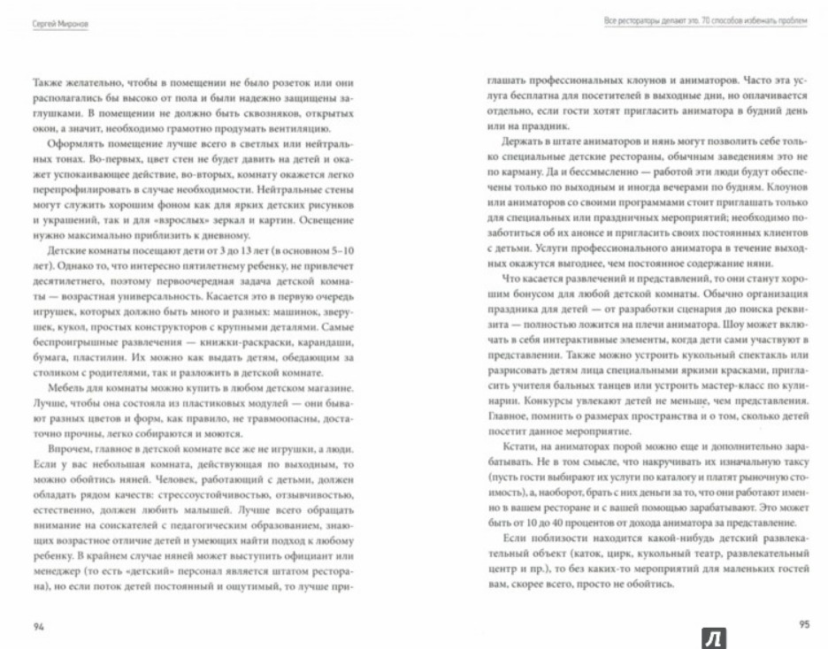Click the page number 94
tap(38, 626)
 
